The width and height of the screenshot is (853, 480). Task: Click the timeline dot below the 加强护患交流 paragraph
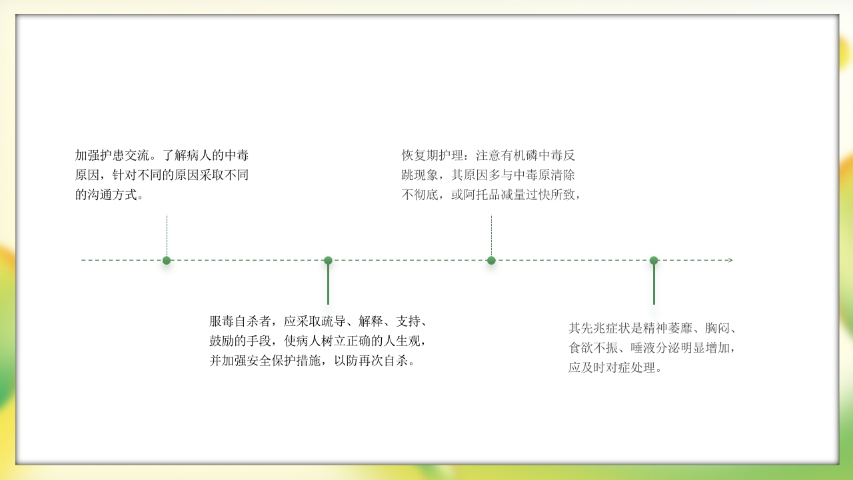pyautogui.click(x=167, y=260)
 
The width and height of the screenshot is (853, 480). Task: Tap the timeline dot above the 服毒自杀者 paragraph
pyautogui.click(x=328, y=260)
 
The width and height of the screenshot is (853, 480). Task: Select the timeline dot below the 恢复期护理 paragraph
pyautogui.click(x=491, y=260)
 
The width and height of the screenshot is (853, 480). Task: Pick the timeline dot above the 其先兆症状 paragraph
pyautogui.click(x=654, y=260)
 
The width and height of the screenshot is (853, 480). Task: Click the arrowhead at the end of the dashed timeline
pyautogui.click(x=730, y=260)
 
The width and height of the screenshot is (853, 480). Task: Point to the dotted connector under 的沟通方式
pyautogui.click(x=167, y=233)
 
